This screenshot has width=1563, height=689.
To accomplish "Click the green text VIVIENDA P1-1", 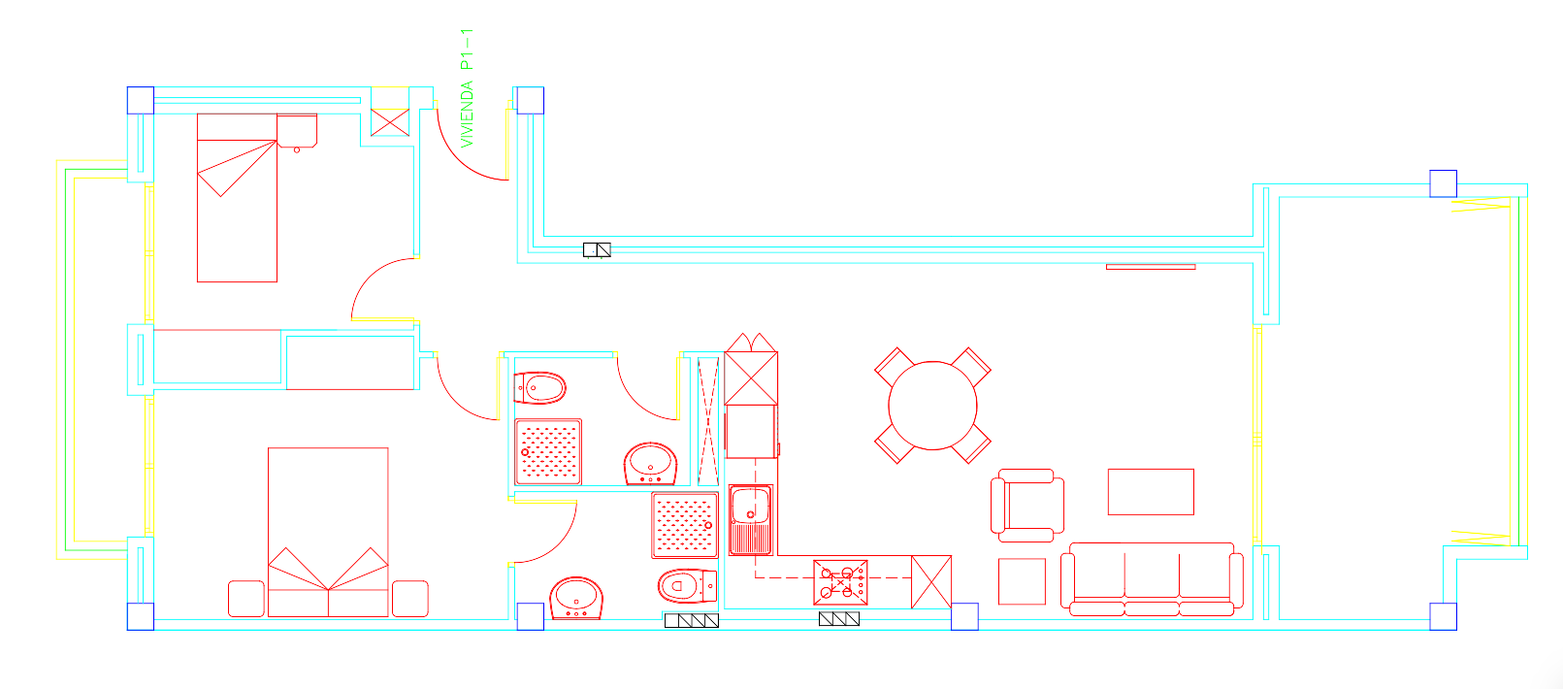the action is [467, 88].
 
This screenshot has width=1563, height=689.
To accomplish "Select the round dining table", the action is [932, 406].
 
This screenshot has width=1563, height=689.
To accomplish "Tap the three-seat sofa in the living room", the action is [1152, 579].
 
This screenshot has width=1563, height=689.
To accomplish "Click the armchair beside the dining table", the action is [1027, 506].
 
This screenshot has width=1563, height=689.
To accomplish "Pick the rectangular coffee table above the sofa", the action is [1151, 491].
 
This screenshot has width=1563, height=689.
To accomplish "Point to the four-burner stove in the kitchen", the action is [840, 582].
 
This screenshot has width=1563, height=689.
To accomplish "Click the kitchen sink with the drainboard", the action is [751, 520].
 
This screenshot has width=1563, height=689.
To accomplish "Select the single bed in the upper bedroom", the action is [238, 198].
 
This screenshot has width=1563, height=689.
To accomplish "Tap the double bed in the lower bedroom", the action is [328, 532].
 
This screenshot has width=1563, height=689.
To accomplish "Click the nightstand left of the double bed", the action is [246, 598].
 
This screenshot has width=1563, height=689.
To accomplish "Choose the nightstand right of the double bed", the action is [410, 598].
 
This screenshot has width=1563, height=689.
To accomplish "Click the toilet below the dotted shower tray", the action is [687, 586].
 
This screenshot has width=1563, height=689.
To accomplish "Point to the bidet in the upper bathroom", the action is [539, 388].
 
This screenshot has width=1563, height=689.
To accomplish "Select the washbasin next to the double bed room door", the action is [576, 598].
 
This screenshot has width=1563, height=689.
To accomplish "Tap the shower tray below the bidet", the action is [548, 451].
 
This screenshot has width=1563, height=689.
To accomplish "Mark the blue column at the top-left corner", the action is [141, 100].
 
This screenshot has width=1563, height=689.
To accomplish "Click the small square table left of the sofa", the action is [1022, 581].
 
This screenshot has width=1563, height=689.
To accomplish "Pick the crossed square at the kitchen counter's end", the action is [930, 581].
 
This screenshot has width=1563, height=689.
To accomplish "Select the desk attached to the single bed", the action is [297, 131].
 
